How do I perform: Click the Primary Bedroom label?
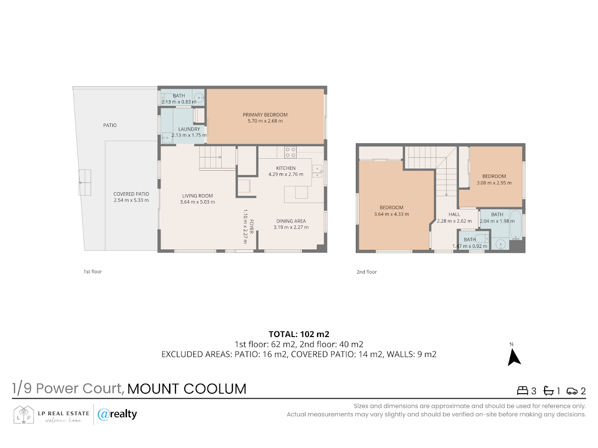[x=265, y=115]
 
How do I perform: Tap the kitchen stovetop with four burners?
[x=291, y=152]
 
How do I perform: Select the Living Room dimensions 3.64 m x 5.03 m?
[x=197, y=202]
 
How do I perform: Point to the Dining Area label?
[x=291, y=221]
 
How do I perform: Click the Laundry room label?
[x=189, y=129]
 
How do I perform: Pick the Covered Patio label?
[x=131, y=194]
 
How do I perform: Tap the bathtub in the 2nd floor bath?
[x=515, y=224]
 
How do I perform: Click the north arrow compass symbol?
[x=514, y=357]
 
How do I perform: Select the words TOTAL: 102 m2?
[x=299, y=334]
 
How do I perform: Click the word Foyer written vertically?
[x=252, y=226]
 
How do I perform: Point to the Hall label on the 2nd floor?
[x=454, y=215]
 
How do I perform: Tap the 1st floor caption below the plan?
[x=93, y=271]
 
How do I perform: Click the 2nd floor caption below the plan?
[x=367, y=272]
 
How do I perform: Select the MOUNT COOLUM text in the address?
[x=186, y=389]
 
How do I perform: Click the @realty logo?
[x=117, y=414]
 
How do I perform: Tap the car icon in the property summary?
[x=572, y=391]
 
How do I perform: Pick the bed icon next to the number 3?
[x=523, y=391]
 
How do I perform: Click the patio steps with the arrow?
[x=85, y=183]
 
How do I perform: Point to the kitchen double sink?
[x=317, y=171]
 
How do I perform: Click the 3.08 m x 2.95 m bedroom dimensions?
[x=494, y=183]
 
